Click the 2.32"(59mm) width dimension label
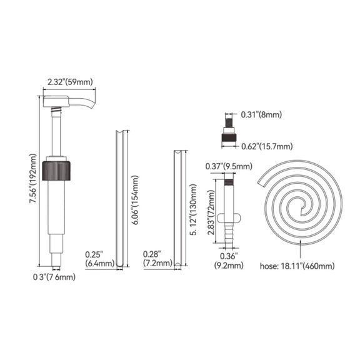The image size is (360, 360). [x=70, y=82]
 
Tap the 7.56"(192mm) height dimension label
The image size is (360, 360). [x=32, y=178]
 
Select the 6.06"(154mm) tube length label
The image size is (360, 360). [x=135, y=200]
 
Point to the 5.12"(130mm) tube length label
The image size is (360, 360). [x=193, y=209]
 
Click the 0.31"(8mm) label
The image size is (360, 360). [x=261, y=114]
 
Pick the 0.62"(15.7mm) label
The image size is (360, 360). [x=267, y=146]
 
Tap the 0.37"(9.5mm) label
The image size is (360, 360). [x=229, y=166]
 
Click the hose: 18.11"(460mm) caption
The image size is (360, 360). [x=297, y=266]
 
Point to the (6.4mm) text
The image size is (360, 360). [x=99, y=263]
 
